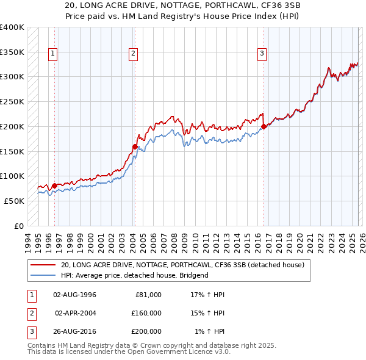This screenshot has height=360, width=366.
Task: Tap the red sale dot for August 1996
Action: [54, 185]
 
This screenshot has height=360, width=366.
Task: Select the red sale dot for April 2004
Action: [135, 146]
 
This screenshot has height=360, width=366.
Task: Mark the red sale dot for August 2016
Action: [264, 127]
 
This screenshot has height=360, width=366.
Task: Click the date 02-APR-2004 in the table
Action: [76, 313]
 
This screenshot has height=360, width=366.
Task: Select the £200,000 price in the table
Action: [146, 331]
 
